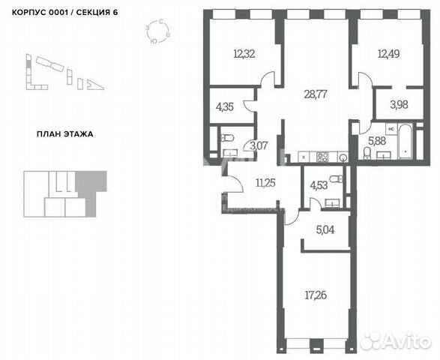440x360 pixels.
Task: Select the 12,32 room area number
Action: [244, 54]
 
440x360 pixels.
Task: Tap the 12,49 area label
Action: [388, 53]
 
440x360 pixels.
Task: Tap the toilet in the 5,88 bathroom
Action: [366, 153]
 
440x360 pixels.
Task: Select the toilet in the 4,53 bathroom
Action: [338, 180]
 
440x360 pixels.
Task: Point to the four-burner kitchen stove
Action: [325, 157]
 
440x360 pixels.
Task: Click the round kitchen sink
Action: [343, 157]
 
